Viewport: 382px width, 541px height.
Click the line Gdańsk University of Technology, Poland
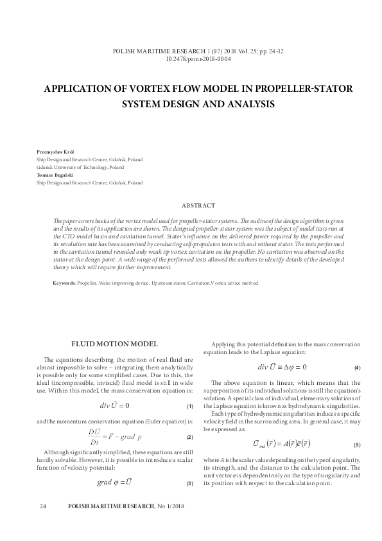pos(80,166)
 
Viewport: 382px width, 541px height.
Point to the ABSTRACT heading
pos(198,205)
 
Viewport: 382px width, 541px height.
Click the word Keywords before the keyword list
pos(65,283)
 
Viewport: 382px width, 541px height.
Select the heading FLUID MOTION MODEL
pos(115,343)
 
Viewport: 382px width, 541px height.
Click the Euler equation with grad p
pos(115,436)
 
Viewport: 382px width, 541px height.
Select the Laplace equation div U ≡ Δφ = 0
pos(282,367)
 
